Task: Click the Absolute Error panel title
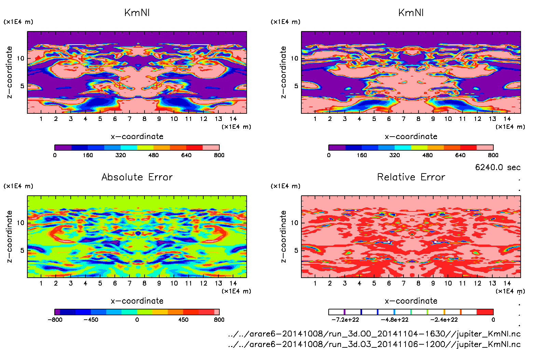137,177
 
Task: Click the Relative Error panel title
411,177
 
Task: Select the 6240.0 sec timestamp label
498,167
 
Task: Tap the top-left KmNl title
137,13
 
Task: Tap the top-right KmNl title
411,13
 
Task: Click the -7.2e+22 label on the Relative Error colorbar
345,320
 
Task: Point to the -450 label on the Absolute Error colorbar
91,320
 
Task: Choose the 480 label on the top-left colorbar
153,155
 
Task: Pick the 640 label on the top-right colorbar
460,155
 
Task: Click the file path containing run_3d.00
374,334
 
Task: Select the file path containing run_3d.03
374,344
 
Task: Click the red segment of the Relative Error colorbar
485,312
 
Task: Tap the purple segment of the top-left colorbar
63,148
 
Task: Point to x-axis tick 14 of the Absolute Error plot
233,283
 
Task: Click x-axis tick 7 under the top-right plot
403,119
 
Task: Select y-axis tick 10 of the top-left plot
20,58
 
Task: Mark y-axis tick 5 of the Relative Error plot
296,250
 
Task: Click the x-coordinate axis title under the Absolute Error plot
137,301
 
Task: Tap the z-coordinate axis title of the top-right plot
283,72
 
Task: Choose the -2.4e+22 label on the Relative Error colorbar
444,320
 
